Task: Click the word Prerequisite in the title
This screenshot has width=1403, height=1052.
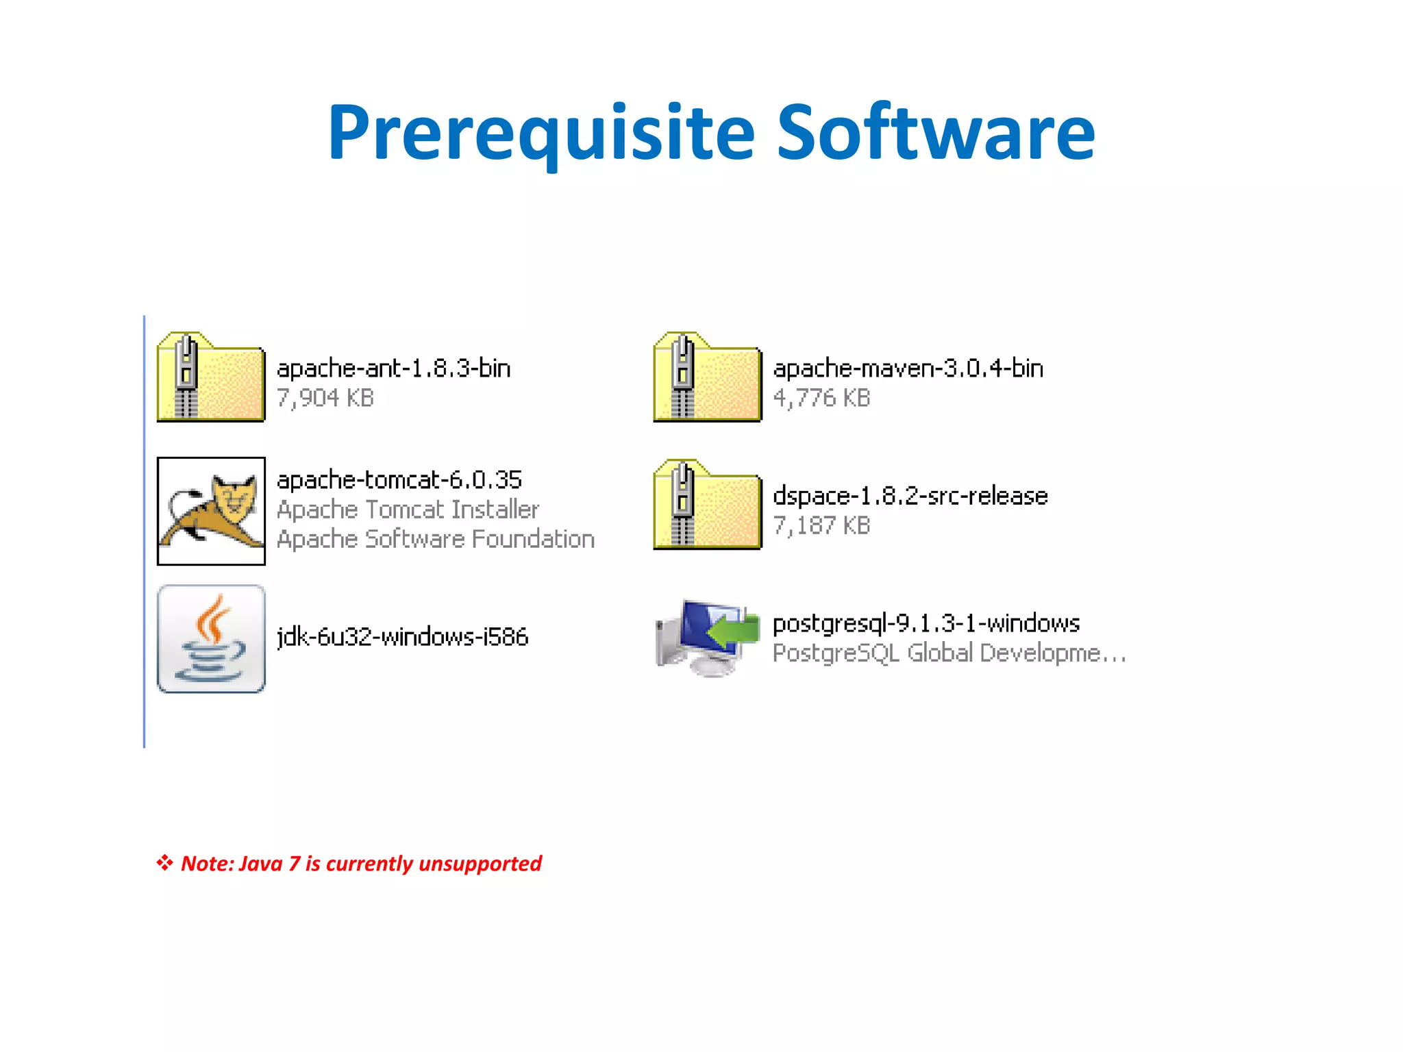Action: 541,134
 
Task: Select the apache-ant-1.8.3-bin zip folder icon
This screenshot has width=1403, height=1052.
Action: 210,377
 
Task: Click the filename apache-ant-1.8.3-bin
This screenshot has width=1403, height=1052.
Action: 393,368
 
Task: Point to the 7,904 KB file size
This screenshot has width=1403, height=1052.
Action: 325,398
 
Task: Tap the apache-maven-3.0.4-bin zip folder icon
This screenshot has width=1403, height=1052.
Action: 707,377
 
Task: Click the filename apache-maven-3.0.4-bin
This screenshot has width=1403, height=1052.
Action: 908,368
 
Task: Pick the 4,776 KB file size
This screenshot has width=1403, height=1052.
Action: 821,398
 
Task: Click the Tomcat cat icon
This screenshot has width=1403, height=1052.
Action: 211,511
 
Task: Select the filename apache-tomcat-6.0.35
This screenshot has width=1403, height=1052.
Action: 399,479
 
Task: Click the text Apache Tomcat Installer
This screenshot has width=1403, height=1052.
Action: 408,510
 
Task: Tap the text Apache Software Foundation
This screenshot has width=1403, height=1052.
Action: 435,539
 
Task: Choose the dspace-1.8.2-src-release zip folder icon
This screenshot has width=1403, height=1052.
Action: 707,505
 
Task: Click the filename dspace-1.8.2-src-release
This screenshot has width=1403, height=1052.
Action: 910,496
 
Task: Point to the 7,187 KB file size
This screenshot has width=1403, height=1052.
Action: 821,525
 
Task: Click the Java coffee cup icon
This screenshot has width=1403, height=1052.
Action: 211,638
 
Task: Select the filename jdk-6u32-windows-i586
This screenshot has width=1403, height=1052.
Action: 402,637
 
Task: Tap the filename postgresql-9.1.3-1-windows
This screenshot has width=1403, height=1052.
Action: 926,623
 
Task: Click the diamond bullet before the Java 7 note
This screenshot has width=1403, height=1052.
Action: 164,862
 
